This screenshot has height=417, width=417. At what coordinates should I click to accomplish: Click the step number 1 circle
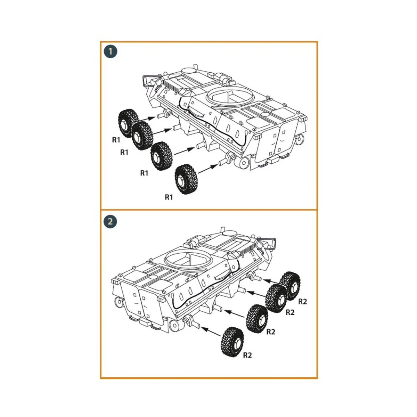pos(111,52)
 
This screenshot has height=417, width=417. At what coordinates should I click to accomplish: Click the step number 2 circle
pos(111,221)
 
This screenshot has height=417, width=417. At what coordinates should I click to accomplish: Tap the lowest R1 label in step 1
pos(169,197)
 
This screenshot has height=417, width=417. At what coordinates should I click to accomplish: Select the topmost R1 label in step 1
pos(116,140)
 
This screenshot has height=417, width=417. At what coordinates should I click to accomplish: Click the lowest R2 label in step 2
pos(247,355)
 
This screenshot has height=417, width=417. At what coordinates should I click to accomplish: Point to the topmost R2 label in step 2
pos(303,301)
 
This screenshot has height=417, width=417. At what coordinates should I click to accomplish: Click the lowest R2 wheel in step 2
pos(232,342)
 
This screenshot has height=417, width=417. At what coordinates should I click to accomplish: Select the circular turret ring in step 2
pos(188,257)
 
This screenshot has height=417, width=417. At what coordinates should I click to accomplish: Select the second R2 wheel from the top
pos(277,298)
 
